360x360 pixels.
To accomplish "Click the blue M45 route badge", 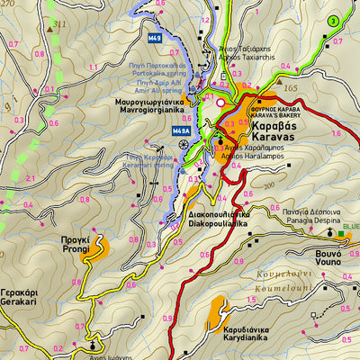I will (x=155, y=39).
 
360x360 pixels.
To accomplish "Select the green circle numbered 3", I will (x=333, y=21).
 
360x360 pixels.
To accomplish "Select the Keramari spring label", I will (x=148, y=160).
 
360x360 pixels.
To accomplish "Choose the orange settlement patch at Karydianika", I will (x=216, y=315).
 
